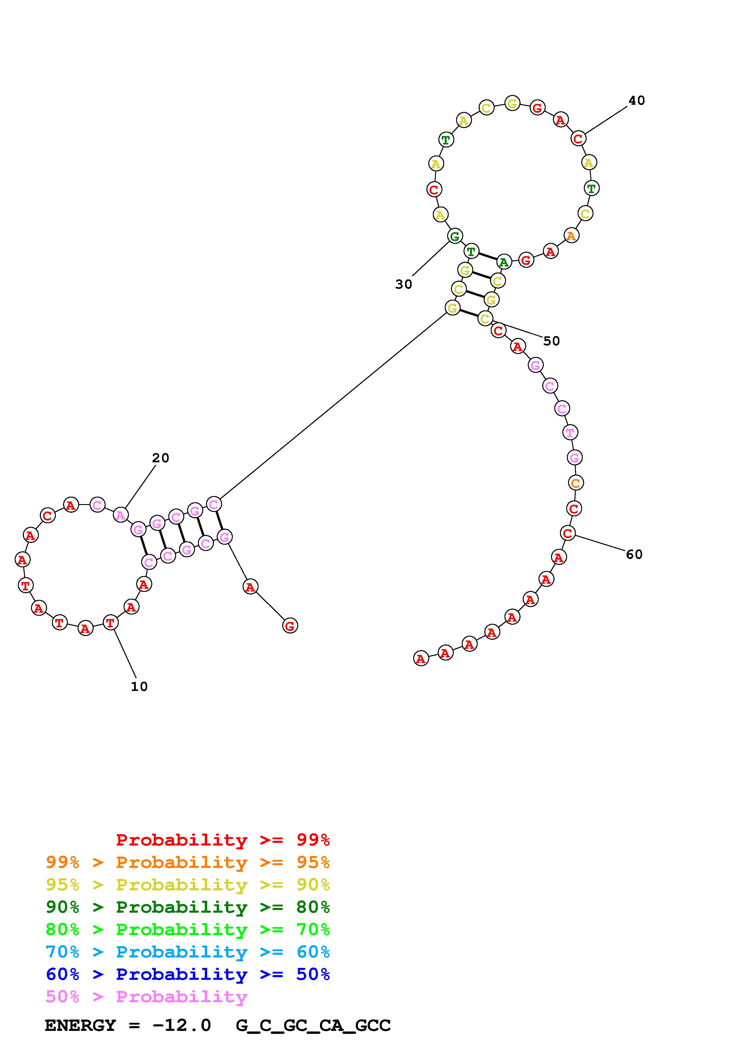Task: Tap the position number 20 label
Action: pos(161,458)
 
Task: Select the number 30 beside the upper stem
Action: pos(404,284)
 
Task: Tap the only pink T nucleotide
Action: pos(570,432)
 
